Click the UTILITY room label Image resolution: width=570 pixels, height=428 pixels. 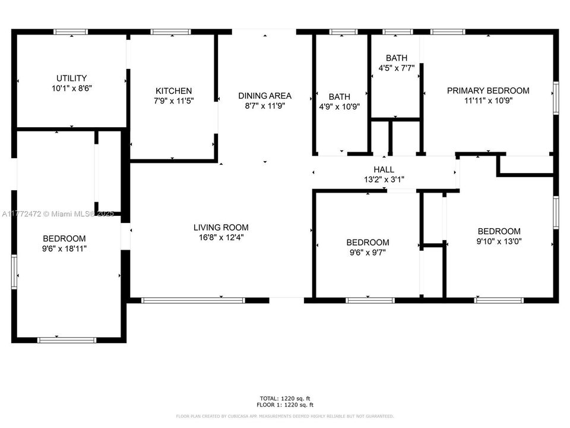[71, 78]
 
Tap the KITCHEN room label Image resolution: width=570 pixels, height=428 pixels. [173, 91]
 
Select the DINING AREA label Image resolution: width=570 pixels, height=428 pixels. [265, 96]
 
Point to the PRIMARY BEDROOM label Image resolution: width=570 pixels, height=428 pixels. [487, 91]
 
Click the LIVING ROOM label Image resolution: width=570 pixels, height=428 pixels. [221, 227]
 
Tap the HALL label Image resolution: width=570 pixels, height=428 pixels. [384, 169]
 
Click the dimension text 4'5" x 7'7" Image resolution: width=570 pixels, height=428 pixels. [397, 68]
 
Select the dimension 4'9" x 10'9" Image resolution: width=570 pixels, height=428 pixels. [340, 106]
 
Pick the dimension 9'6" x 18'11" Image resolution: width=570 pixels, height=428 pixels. [64, 248]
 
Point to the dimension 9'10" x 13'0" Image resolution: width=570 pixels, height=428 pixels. [499, 241]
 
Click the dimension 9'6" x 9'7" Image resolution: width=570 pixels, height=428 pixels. [368, 252]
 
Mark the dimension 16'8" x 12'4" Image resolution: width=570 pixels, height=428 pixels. [221, 237]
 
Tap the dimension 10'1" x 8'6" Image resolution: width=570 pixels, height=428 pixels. [71, 88]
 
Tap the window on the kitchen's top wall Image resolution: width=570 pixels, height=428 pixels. [162, 32]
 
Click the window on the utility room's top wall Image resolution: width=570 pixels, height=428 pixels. [71, 32]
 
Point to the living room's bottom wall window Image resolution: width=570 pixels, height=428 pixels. [193, 300]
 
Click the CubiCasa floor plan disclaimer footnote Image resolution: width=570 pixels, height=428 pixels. [284, 416]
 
